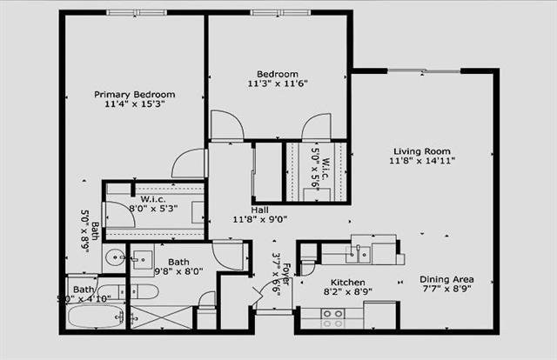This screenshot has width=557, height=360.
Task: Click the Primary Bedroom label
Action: (x=135, y=94)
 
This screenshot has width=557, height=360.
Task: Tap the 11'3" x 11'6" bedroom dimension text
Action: (x=278, y=84)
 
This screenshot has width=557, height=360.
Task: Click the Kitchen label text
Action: (x=347, y=283)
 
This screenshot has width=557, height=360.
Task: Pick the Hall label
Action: (x=260, y=210)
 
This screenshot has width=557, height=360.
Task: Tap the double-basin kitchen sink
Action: (x=358, y=254)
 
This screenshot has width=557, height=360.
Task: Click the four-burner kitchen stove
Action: (x=332, y=318)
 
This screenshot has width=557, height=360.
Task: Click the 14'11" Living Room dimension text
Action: (x=422, y=160)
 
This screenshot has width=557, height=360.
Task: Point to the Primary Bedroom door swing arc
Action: (x=188, y=163)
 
